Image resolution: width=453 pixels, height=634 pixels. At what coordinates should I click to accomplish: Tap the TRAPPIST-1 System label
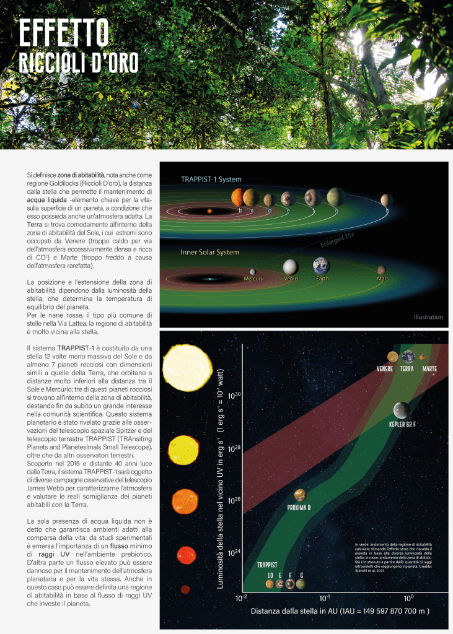(x=211, y=180)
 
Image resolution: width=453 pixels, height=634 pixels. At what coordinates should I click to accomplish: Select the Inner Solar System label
(x=211, y=253)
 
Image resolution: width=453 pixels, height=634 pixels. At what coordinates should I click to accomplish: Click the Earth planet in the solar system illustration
(x=322, y=266)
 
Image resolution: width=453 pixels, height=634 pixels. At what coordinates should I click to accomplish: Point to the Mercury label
(x=253, y=279)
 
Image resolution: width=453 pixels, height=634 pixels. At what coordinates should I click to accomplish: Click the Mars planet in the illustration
(x=382, y=270)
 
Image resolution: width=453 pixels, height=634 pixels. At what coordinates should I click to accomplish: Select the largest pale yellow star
(x=185, y=367)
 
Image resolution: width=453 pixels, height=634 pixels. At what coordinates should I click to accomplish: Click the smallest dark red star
(x=185, y=589)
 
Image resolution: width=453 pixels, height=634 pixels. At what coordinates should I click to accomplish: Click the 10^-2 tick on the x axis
(x=242, y=599)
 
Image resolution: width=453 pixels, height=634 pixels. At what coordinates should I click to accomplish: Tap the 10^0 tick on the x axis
(x=408, y=599)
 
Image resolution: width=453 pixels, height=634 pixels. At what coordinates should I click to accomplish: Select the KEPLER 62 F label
(x=402, y=425)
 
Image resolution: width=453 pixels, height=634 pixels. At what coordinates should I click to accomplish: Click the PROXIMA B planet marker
(x=300, y=495)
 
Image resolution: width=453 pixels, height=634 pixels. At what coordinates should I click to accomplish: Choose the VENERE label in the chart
(x=385, y=369)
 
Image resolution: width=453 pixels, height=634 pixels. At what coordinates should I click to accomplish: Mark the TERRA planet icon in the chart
(x=408, y=356)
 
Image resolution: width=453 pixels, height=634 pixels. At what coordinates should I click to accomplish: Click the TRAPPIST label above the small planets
(x=267, y=565)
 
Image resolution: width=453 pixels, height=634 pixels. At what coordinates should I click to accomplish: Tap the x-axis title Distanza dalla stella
(x=340, y=611)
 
